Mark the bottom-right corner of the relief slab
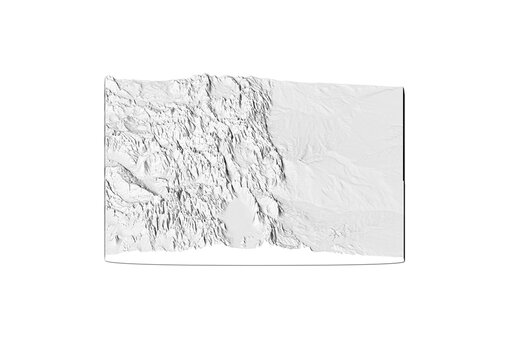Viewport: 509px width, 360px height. click(x=403, y=262)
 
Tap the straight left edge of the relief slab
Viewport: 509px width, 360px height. click(x=105, y=170)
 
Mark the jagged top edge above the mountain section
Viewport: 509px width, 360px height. click(x=180, y=77)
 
